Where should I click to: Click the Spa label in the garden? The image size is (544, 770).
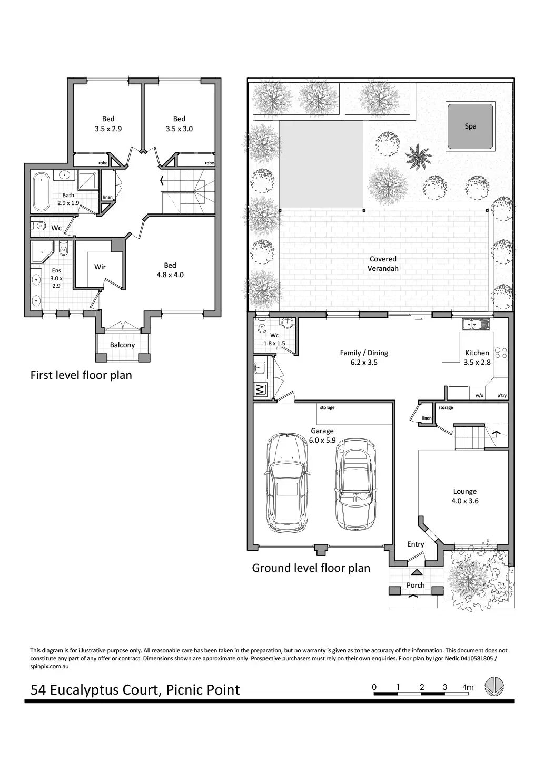(x=470, y=126)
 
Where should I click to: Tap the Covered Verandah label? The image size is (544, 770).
(x=383, y=264)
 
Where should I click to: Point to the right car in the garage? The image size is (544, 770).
(x=355, y=485)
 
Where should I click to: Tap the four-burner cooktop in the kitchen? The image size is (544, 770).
(x=501, y=353)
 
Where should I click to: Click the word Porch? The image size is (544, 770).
(x=416, y=585)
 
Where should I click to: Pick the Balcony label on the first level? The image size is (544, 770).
(x=122, y=345)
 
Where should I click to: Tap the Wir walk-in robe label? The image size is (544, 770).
(x=100, y=267)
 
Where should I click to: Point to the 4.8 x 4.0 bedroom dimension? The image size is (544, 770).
(x=170, y=275)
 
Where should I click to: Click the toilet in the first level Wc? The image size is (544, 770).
(x=38, y=226)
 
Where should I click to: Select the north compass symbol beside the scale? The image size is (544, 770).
(x=494, y=687)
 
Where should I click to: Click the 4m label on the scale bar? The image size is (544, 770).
(x=468, y=687)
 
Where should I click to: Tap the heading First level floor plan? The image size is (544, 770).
(x=81, y=375)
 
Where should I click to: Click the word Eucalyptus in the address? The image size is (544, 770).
(x=104, y=690)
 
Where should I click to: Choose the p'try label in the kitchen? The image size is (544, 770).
(x=502, y=396)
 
